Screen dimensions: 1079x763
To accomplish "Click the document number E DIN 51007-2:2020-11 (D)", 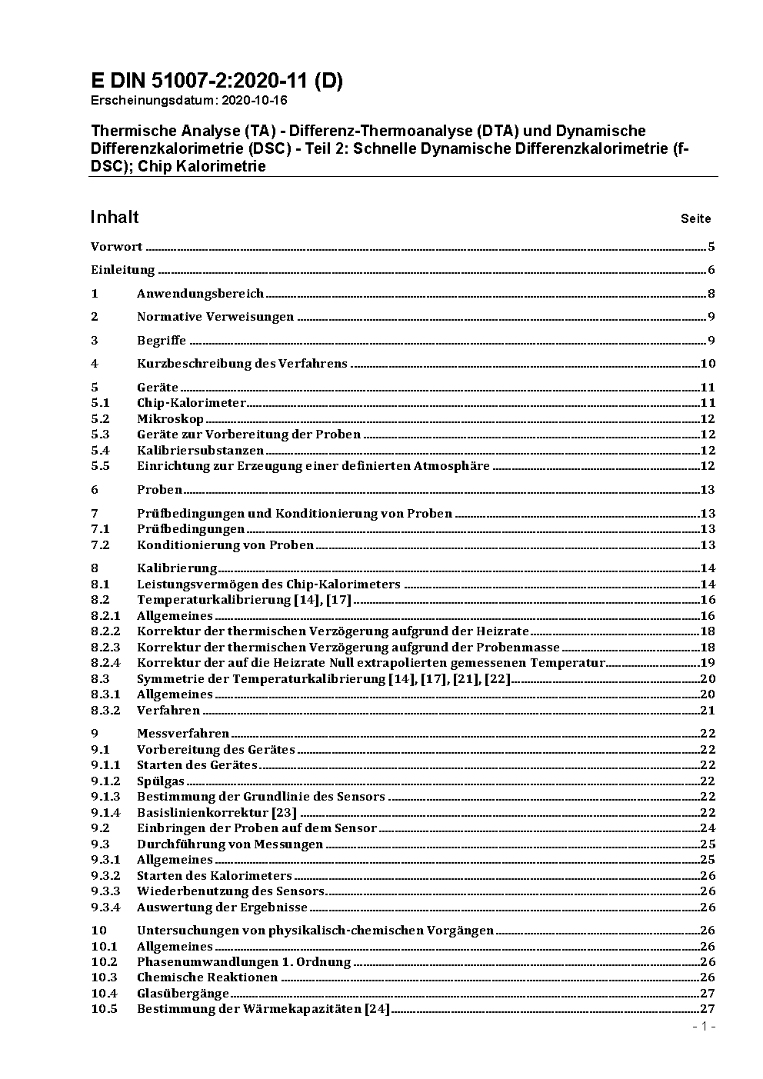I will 217,81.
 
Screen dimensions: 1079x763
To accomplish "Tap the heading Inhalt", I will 115,217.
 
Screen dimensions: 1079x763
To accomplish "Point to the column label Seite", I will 695,219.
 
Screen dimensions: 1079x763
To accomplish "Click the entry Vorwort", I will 116,247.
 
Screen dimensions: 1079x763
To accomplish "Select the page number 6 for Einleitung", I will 711,270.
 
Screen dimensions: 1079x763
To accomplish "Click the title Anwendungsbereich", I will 200,294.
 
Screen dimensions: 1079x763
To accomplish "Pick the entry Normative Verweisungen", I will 215,317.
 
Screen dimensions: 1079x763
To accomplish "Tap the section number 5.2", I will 100,419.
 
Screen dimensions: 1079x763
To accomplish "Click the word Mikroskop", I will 170,419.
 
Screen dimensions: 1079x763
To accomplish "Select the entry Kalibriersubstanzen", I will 200,451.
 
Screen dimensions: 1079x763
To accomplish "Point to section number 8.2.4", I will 105,663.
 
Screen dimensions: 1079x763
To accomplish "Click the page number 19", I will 708,663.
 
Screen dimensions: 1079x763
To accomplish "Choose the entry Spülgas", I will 161,781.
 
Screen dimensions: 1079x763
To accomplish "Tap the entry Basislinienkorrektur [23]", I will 217,813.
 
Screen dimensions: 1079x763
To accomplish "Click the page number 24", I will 708,828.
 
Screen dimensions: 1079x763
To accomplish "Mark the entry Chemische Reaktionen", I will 207,977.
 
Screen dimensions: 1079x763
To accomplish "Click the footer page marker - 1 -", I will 704,1027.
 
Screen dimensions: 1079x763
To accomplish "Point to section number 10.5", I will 104,1009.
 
